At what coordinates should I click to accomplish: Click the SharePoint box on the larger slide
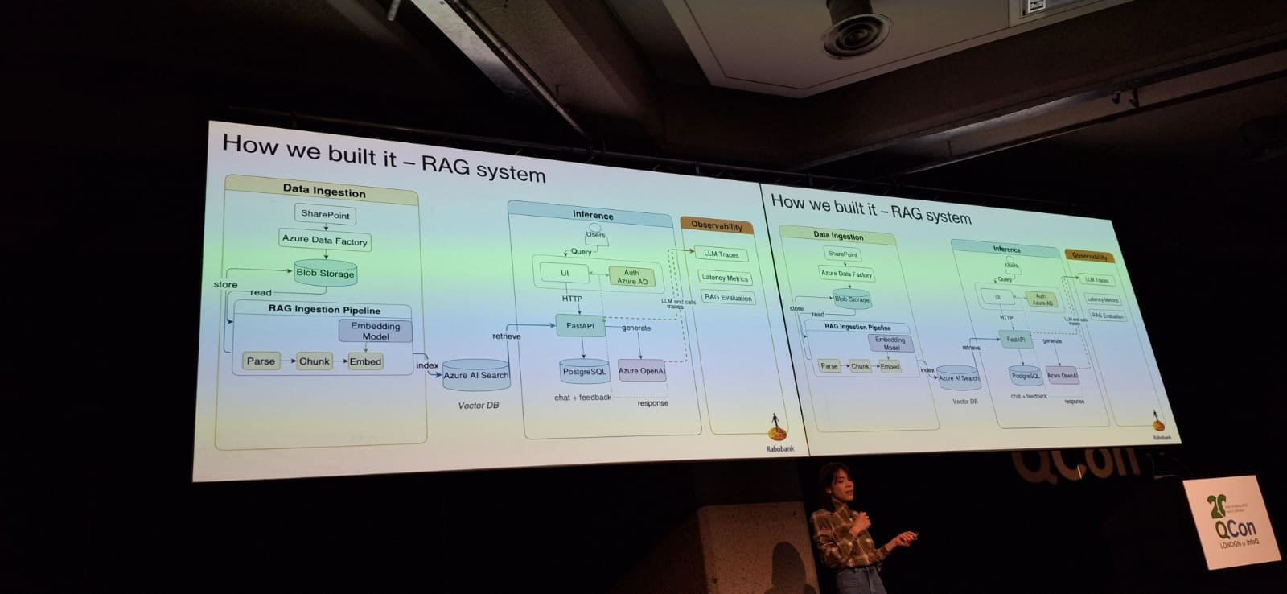coord(325,214)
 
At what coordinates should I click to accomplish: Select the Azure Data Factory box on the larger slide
coord(325,240)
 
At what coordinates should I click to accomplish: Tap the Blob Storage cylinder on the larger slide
coord(325,273)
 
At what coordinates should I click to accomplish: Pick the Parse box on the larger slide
coord(261,361)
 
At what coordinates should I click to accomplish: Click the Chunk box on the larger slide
coord(315,361)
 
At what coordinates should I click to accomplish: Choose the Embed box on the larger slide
coord(365,362)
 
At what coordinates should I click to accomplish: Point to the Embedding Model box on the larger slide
coord(375,331)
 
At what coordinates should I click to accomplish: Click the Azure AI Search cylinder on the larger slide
coord(476,375)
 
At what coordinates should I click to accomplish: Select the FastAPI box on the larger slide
coord(580,326)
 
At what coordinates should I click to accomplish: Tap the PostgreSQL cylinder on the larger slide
coord(584,371)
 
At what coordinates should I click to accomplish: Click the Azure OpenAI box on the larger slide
coord(641,371)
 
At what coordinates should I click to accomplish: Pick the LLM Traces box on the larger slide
coord(721,254)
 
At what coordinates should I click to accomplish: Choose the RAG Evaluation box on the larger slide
coord(728,298)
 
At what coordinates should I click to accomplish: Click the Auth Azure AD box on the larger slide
coord(631,277)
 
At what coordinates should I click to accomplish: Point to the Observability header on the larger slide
coord(717,226)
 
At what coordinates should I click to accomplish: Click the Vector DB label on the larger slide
coord(478,406)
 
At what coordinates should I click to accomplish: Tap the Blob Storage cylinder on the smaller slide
coord(852,299)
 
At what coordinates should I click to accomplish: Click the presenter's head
coord(833,480)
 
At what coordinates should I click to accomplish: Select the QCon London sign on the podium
coord(1231,522)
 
